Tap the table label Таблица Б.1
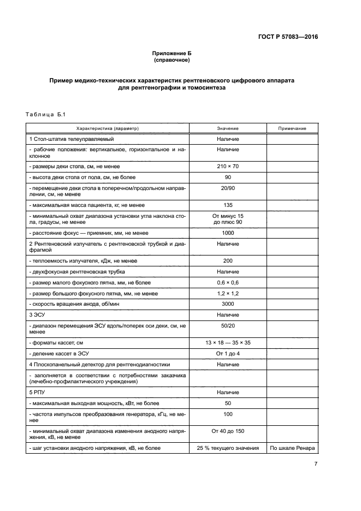(x=45, y=114)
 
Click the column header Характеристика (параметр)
(x=108, y=128)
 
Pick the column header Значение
(x=227, y=128)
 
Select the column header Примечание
(x=292, y=128)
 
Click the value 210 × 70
(x=227, y=165)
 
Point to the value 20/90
(x=227, y=187)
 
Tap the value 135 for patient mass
(x=227, y=204)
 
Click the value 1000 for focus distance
(x=227, y=231)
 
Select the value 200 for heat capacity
(x=227, y=260)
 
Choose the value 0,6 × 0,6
(x=227, y=282)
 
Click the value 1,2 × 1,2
(x=227, y=293)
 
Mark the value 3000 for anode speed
(x=227, y=304)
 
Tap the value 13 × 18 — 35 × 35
(x=227, y=342)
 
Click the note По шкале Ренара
(x=292, y=448)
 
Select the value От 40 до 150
(x=227, y=431)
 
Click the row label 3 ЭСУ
(x=38, y=315)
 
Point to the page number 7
(x=316, y=464)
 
